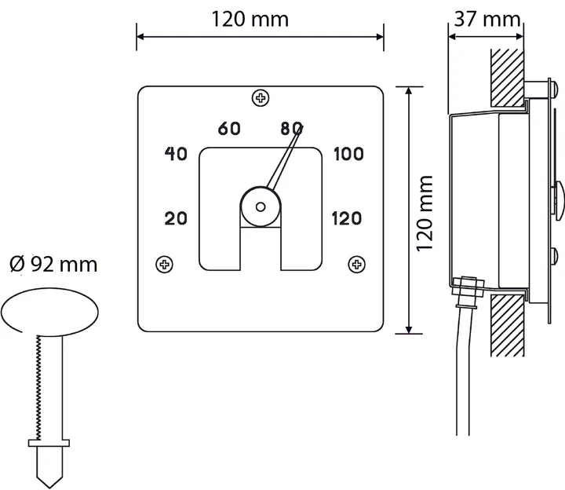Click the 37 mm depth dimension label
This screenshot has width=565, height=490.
(x=487, y=19)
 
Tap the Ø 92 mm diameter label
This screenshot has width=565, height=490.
(x=53, y=265)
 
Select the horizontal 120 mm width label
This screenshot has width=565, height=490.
(x=250, y=19)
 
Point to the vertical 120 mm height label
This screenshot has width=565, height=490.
(x=424, y=214)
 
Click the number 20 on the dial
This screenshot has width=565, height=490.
(x=176, y=218)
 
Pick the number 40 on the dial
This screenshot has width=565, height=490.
(x=176, y=154)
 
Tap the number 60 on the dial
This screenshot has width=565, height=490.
(x=229, y=128)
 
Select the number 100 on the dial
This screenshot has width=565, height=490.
(x=348, y=154)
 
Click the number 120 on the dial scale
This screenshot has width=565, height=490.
(x=346, y=218)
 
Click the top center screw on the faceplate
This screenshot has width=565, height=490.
(x=261, y=97)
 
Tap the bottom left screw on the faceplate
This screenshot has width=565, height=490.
(x=164, y=265)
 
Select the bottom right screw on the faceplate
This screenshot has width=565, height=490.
(x=357, y=265)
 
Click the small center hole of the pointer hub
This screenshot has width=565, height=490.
(x=261, y=207)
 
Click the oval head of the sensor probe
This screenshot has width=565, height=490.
(x=49, y=312)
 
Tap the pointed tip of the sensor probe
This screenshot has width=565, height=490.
(x=49, y=488)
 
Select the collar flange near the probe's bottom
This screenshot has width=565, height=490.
(x=49, y=443)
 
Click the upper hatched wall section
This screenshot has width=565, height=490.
(x=508, y=78)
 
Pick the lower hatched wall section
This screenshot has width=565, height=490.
(x=508, y=325)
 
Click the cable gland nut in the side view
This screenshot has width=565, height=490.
(x=467, y=287)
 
